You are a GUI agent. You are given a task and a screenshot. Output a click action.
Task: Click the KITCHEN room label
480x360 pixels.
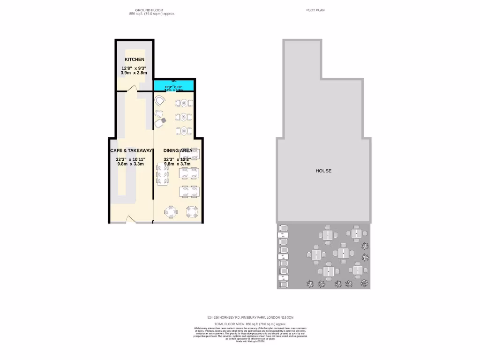click(134, 60)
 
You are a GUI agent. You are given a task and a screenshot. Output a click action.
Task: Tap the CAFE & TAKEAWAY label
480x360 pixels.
click(131, 150)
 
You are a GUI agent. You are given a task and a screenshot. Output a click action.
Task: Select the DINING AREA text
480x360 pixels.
click(178, 150)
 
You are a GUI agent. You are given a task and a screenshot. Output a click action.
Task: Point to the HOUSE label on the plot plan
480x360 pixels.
click(323, 171)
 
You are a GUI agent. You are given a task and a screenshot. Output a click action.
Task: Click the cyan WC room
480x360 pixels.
click(174, 85)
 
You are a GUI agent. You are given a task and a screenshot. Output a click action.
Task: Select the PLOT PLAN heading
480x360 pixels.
click(315, 10)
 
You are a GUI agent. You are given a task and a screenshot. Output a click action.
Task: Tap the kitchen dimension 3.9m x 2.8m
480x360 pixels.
click(134, 73)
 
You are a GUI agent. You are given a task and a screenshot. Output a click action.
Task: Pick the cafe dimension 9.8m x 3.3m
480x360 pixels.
click(131, 164)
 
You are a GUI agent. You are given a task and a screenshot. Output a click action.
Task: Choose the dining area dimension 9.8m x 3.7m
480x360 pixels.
click(177, 164)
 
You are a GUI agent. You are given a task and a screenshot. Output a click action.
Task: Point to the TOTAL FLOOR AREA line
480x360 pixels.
click(250, 324)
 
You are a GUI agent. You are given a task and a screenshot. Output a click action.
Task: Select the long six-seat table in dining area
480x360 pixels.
click(162, 175)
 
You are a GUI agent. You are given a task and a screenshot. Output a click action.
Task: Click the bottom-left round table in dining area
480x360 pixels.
click(171, 212)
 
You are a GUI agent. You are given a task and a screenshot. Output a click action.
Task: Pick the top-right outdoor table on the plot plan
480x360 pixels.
click(357, 233)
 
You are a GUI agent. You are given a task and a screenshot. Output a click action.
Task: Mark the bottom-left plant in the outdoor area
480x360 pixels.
click(309, 284)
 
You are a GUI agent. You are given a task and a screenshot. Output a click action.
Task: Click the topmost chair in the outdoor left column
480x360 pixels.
click(283, 228)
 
